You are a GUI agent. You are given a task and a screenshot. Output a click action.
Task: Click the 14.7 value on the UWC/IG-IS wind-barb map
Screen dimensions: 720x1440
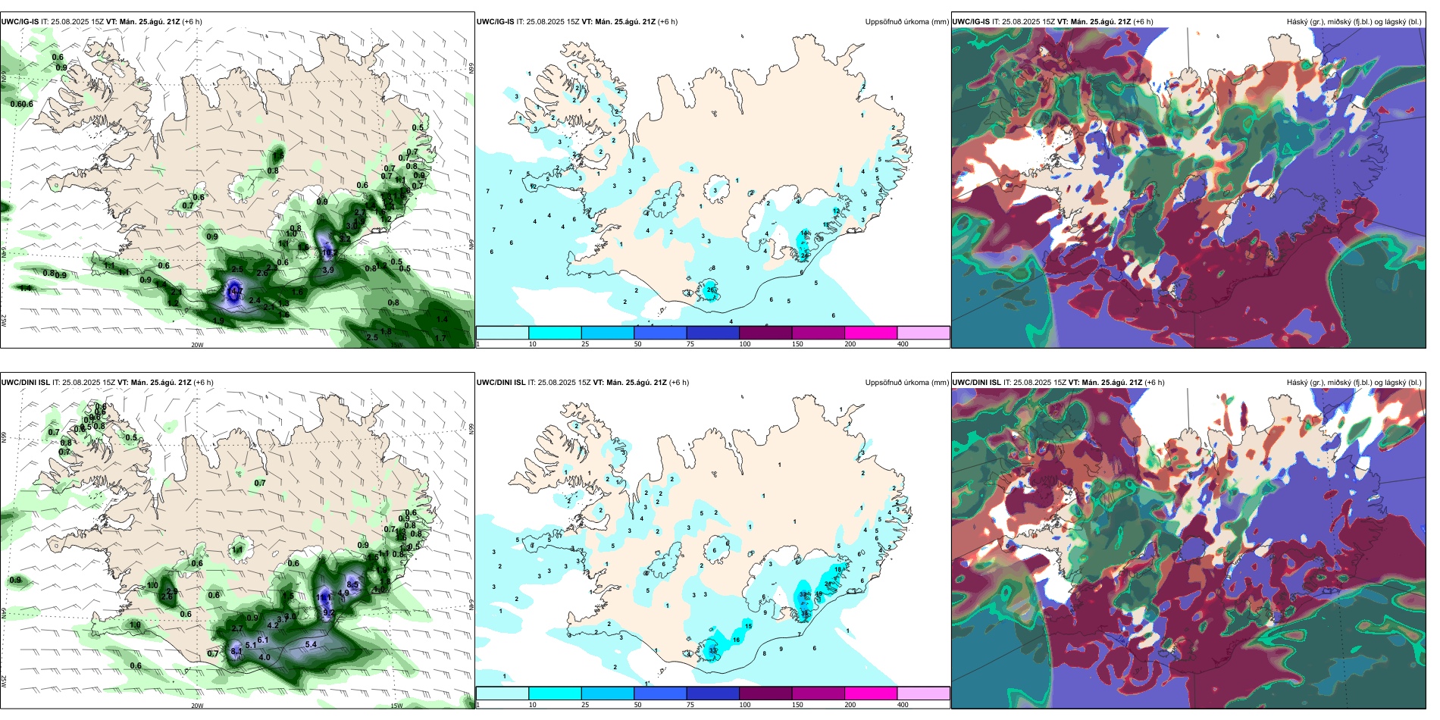pyautogui.click(x=236, y=291)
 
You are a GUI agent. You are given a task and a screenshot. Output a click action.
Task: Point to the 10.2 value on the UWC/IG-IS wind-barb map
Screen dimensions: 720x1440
pyautogui.click(x=329, y=253)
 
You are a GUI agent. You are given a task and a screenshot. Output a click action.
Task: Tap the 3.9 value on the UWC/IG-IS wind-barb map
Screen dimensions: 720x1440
pyautogui.click(x=328, y=270)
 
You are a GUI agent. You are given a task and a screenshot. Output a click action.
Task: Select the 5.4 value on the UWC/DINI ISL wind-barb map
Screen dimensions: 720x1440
pyautogui.click(x=311, y=645)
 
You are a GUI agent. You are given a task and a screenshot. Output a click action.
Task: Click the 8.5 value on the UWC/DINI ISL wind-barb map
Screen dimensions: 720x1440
pyautogui.click(x=352, y=585)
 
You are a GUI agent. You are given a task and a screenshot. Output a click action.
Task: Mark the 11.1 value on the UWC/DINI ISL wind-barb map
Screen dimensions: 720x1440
pyautogui.click(x=324, y=598)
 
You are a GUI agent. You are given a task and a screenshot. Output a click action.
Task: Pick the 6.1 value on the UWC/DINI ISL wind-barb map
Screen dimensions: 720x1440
pyautogui.click(x=263, y=640)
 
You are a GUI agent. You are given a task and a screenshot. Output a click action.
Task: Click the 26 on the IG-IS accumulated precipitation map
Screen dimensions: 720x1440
pyautogui.click(x=710, y=290)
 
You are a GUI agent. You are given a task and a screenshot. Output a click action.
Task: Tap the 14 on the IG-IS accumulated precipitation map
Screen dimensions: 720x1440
pyautogui.click(x=804, y=233)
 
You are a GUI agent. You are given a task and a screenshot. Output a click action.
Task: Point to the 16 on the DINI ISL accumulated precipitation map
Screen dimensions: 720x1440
pyautogui.click(x=736, y=640)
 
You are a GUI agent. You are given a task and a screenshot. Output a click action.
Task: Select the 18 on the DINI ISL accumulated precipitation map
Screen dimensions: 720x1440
pyautogui.click(x=837, y=568)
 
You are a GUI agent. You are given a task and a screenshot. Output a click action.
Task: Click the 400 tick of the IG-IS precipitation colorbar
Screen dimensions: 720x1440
pyautogui.click(x=903, y=344)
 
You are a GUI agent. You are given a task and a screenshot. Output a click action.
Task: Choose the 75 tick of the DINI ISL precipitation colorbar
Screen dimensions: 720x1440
pyautogui.click(x=690, y=705)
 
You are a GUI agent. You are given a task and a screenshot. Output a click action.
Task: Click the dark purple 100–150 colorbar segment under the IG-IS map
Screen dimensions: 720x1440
pyautogui.click(x=765, y=333)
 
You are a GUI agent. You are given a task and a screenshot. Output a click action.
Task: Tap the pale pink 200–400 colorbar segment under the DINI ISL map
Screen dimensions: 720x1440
pyautogui.click(x=923, y=693)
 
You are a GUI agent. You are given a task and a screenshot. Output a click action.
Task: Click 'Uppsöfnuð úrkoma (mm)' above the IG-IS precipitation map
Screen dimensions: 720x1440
pyautogui.click(x=906, y=22)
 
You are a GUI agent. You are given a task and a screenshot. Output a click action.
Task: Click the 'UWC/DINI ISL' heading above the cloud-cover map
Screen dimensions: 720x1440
pyautogui.click(x=976, y=383)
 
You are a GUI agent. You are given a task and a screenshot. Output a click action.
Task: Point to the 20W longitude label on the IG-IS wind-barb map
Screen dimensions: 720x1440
pyautogui.click(x=197, y=345)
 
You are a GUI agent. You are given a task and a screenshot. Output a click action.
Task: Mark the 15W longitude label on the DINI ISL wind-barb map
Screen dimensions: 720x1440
pyautogui.click(x=396, y=706)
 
